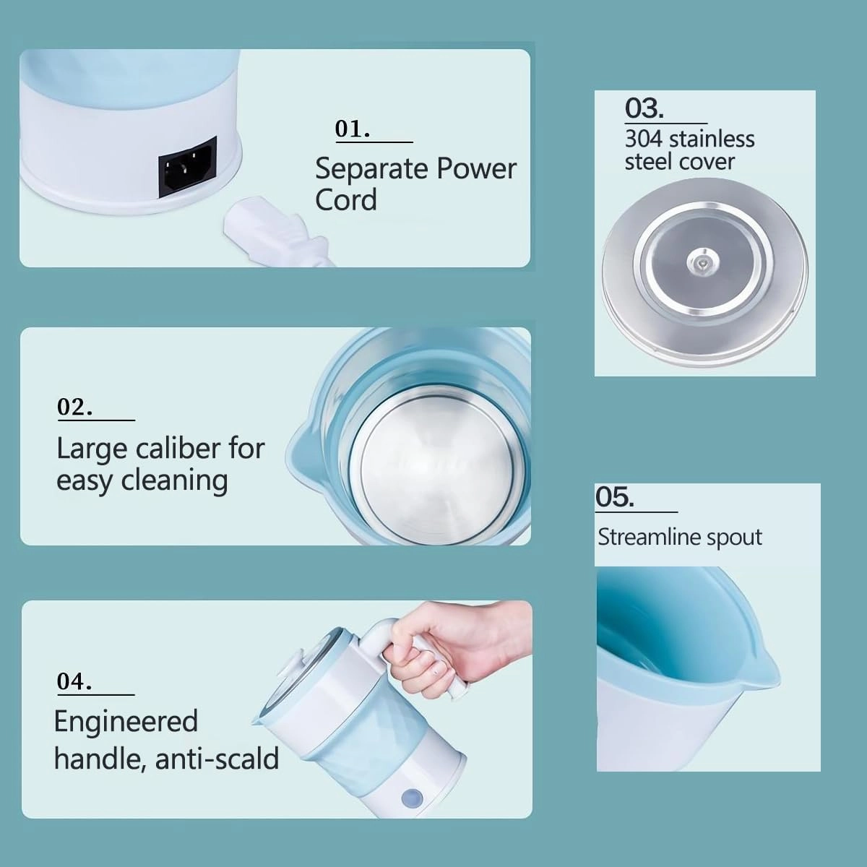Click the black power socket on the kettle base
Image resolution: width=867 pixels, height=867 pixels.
[188, 167]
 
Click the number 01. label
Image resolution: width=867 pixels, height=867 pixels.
[353, 129]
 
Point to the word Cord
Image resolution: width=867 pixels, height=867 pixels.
[345, 199]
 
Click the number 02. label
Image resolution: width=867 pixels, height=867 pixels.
[74, 407]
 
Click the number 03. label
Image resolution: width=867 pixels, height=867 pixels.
[644, 109]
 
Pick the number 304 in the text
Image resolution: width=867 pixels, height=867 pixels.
[644, 139]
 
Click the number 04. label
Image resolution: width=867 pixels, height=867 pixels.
[74, 681]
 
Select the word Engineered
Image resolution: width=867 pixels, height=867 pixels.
[126, 721]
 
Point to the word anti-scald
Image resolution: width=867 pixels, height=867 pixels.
[217, 759]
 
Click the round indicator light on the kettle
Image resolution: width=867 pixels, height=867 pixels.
[411, 797]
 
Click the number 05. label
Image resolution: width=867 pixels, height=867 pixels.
[614, 498]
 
